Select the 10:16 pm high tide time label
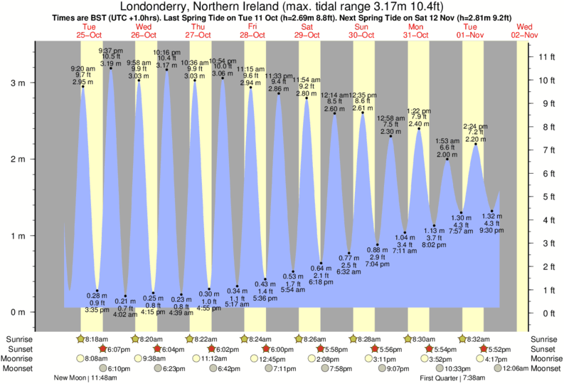coord(166,53)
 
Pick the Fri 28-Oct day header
coord(252,30)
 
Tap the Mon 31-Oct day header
coord(416,30)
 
